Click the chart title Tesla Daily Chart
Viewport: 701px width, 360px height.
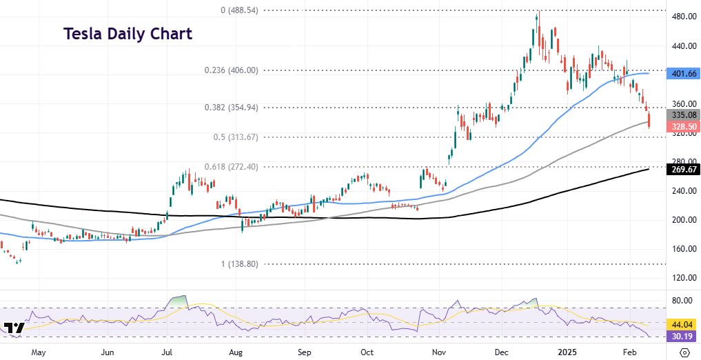tap(128, 34)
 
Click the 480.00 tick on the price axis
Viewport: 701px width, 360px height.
tap(683, 17)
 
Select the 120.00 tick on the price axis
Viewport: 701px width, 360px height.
tap(683, 278)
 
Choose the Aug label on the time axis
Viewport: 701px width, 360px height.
tap(236, 352)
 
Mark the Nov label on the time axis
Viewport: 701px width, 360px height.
tap(439, 352)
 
